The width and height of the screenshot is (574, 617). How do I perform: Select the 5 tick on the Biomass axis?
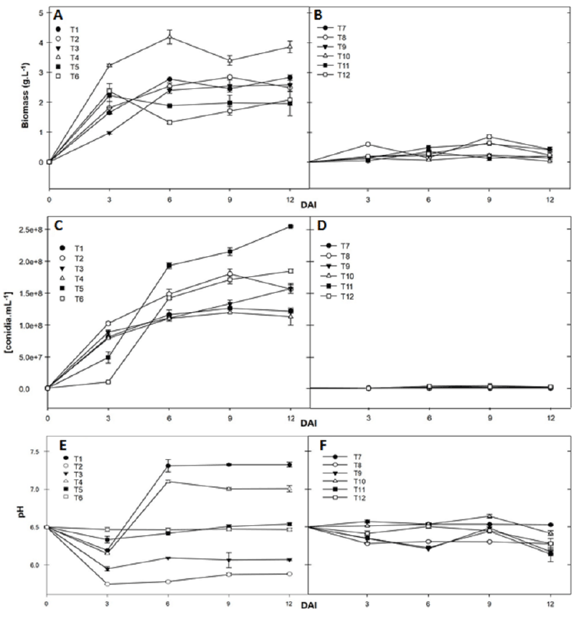37,12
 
